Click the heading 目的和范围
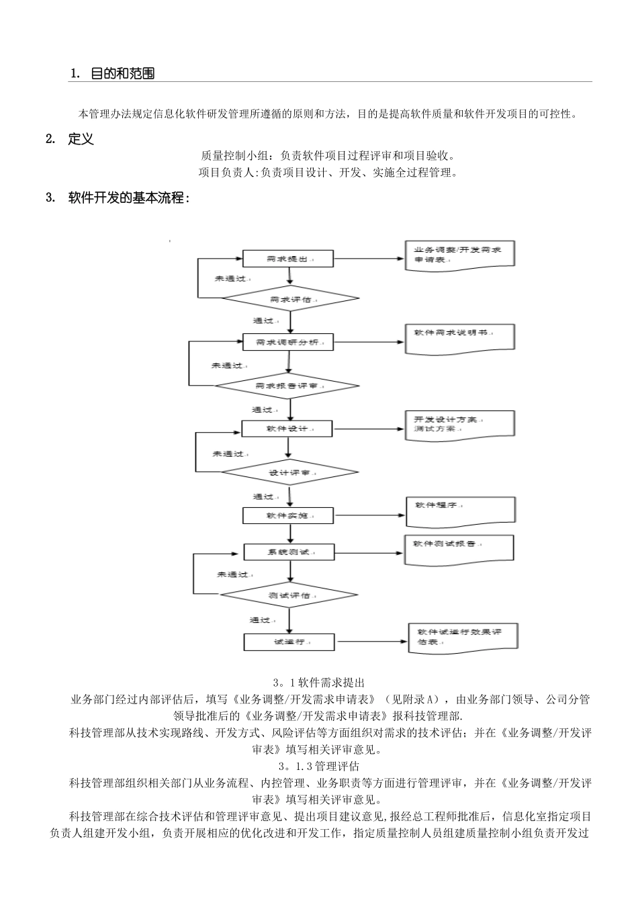[x=123, y=74]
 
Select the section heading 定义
[x=81, y=139]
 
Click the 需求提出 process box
[x=288, y=259]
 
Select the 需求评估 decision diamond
[x=290, y=299]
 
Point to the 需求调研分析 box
[x=288, y=342]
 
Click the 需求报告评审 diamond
[x=287, y=386]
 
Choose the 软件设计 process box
[x=287, y=429]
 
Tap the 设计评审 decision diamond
[x=289, y=473]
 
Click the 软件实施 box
[x=287, y=515]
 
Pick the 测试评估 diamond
[x=289, y=595]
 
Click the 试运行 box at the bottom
[x=289, y=642]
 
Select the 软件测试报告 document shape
[x=459, y=548]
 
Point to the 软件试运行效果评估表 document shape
[x=463, y=638]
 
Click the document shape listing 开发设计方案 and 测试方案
[x=459, y=425]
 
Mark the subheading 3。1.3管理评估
[x=319, y=766]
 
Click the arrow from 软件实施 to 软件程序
[x=369, y=515]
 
